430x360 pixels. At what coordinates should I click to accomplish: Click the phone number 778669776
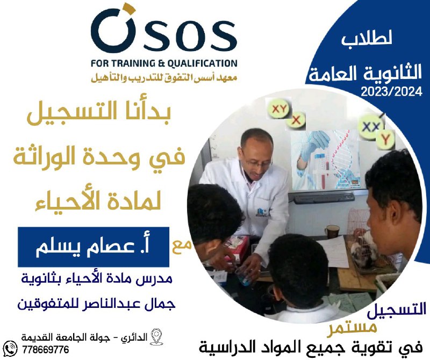46,350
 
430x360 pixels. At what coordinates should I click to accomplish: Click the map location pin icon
156,337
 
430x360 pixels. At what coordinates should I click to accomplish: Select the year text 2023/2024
391,91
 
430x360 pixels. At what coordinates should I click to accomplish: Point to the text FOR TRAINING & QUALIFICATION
164,63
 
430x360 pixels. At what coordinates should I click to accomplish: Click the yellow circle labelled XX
371,127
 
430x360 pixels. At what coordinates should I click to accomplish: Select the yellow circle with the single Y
385,140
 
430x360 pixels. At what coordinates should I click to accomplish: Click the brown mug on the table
332,232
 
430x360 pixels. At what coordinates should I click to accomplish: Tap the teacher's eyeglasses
256,163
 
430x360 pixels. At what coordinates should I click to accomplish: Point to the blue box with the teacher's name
94,247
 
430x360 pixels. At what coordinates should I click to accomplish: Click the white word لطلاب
367,39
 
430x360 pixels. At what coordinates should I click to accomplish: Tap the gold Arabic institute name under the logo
164,78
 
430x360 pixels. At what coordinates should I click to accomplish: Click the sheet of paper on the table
334,251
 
